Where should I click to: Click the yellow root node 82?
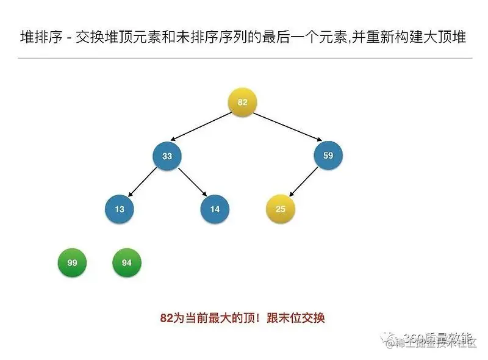242,103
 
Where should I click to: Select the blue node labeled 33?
167,156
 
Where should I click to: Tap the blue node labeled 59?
328,156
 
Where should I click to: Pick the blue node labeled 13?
120,209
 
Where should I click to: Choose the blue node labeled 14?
215,209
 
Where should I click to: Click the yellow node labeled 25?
280,209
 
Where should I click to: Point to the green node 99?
72,263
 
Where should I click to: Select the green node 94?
127,263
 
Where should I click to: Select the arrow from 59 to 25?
304,182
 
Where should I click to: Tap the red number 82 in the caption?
167,318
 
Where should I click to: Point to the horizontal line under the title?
244,58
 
